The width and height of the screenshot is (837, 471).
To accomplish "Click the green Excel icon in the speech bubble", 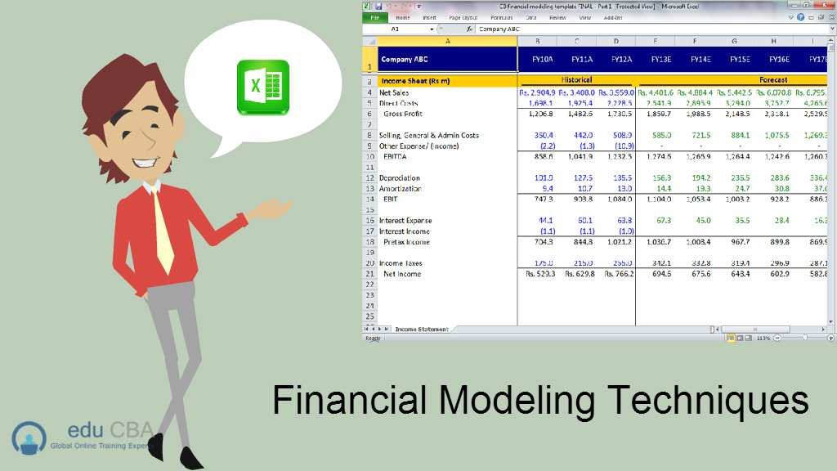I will coord(263,87).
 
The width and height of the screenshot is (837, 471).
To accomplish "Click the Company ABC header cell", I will coord(405,59).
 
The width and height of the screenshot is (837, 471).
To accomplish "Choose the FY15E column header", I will coord(741,59).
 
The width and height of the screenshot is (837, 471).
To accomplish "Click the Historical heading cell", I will coord(576,80).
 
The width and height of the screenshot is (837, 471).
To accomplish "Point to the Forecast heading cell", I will coord(773,80).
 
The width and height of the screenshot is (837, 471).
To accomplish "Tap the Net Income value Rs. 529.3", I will coord(538,274).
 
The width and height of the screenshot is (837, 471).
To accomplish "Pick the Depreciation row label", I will coord(400,177).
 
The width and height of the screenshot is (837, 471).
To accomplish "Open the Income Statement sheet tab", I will coord(421,329).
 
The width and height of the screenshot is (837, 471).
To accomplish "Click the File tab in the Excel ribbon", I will coord(375,17).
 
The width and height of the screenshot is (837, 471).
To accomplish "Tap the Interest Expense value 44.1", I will coord(545,221).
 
